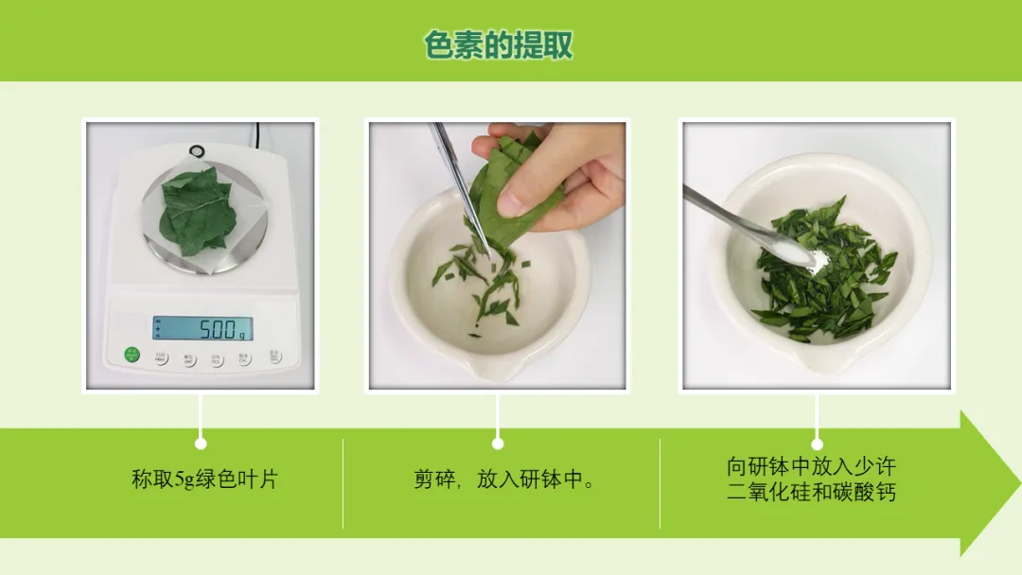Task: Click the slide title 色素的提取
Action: (x=498, y=45)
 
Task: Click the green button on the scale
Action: (x=132, y=355)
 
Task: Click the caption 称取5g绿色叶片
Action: (x=204, y=479)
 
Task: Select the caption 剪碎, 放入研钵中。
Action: (x=503, y=479)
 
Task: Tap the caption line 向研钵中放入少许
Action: (x=811, y=466)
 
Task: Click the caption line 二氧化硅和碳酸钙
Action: (x=811, y=492)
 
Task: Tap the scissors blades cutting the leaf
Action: (x=464, y=189)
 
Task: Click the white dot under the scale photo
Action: (x=201, y=444)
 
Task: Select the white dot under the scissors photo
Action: (x=498, y=444)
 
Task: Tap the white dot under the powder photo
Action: (x=817, y=444)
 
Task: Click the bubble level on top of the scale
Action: (x=196, y=151)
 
